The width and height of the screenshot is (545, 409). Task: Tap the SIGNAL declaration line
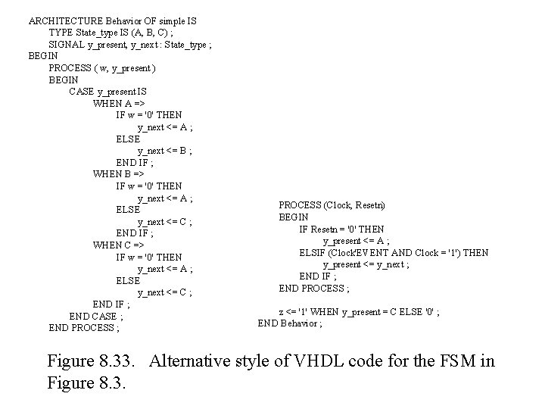129,45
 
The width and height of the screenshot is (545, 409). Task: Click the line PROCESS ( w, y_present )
102,68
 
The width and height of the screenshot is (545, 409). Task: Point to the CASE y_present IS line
107,92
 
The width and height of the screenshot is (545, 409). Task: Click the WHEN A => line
118,104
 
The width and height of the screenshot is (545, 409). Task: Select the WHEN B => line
118,174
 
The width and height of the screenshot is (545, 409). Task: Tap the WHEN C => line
118,245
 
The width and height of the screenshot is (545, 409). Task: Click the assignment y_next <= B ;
164,151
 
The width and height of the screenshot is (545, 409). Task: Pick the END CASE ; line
92,317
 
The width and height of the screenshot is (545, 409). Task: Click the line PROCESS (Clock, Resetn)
332,205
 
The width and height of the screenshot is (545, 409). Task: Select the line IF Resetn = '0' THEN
341,229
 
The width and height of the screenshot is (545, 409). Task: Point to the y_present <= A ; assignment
357,241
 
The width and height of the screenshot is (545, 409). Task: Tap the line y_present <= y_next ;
366,264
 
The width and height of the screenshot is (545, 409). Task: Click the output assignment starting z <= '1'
360,311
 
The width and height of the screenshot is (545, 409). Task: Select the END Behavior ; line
290,323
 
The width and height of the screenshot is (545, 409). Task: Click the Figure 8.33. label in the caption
94,361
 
